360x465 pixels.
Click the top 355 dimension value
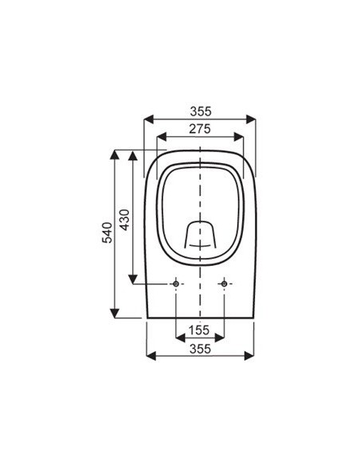pyautogui.click(x=200, y=111)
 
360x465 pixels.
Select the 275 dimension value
pyautogui.click(x=200, y=128)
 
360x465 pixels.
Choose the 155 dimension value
pyautogui.click(x=200, y=330)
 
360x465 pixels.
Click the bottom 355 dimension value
pyautogui.click(x=200, y=348)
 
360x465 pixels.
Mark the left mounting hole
pyautogui.click(x=175, y=284)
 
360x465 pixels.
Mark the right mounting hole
pyautogui.click(x=225, y=284)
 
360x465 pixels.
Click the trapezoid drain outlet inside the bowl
pyautogui.click(x=200, y=236)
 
